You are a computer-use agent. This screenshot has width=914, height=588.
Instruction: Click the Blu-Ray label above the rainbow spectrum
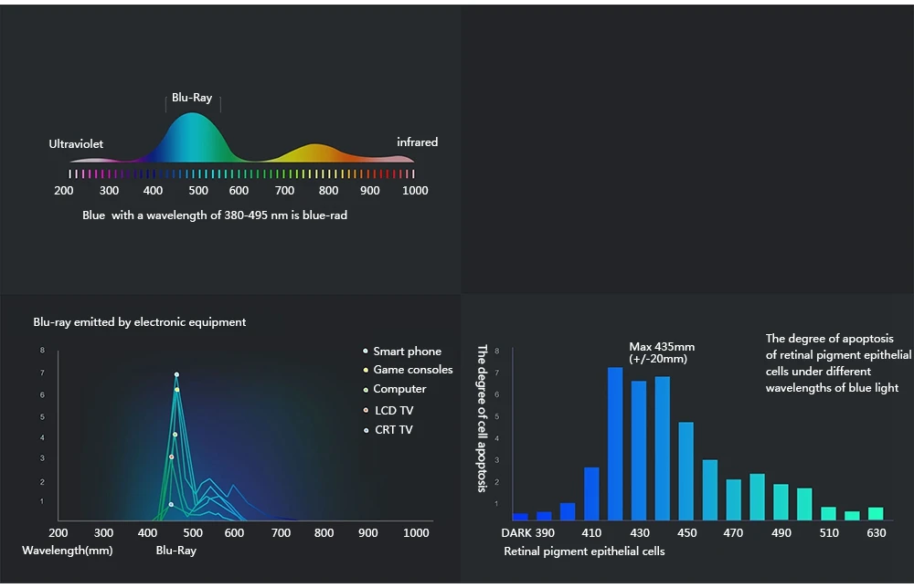[x=192, y=98]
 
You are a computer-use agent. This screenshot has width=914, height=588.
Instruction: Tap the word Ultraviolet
[x=76, y=144]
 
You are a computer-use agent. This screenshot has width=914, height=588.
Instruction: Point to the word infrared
[x=417, y=142]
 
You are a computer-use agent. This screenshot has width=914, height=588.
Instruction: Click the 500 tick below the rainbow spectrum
[x=198, y=191]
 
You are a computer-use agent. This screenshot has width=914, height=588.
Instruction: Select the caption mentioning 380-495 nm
[x=215, y=215]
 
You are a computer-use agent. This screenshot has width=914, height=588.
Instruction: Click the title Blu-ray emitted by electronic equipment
[x=140, y=322]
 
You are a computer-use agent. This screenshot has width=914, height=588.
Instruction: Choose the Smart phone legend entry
[x=407, y=352]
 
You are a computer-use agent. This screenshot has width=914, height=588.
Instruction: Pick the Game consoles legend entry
[x=412, y=370]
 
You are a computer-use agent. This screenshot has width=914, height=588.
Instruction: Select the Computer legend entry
[x=399, y=389]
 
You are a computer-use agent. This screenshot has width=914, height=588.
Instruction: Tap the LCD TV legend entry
[x=393, y=411]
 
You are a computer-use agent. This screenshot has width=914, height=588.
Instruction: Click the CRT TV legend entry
[x=393, y=430]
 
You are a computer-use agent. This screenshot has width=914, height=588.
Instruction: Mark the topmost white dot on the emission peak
[x=176, y=374]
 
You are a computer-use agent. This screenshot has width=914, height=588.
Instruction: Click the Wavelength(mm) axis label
[x=68, y=551]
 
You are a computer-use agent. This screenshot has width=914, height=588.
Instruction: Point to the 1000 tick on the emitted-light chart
[x=417, y=533]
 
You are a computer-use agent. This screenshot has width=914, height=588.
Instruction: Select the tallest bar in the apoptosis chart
[x=615, y=443]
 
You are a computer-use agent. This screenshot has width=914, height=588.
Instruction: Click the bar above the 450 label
[x=685, y=470]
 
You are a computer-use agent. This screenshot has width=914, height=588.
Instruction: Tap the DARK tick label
[x=516, y=533]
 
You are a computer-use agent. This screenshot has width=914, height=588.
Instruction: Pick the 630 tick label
[x=877, y=533]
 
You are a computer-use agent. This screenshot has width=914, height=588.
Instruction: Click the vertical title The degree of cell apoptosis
[x=482, y=417]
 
